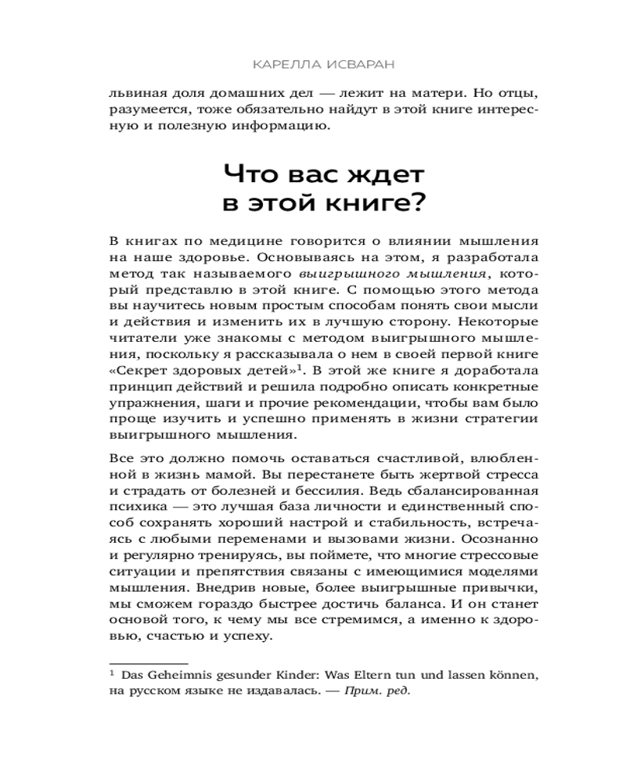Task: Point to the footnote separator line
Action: tap(148, 662)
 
